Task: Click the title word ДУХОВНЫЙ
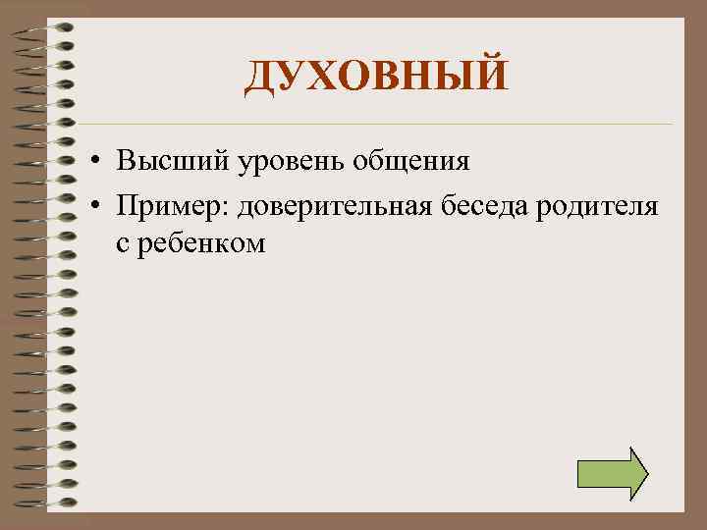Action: (x=377, y=76)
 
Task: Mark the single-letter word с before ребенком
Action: (x=122, y=243)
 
